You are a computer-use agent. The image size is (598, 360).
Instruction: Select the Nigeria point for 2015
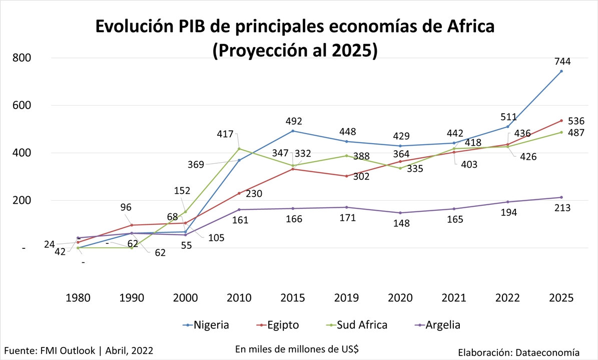[293, 131]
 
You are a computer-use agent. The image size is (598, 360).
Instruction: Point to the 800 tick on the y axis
[22, 58]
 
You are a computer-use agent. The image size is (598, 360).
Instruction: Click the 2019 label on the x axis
[346, 298]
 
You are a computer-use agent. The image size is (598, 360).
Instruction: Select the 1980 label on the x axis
[78, 298]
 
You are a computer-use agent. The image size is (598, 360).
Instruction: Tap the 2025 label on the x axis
[561, 298]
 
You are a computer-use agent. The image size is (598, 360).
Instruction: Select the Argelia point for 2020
[400, 213]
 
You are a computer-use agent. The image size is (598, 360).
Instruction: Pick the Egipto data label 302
[360, 176]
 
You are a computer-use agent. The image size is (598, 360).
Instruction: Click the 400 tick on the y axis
[22, 153]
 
